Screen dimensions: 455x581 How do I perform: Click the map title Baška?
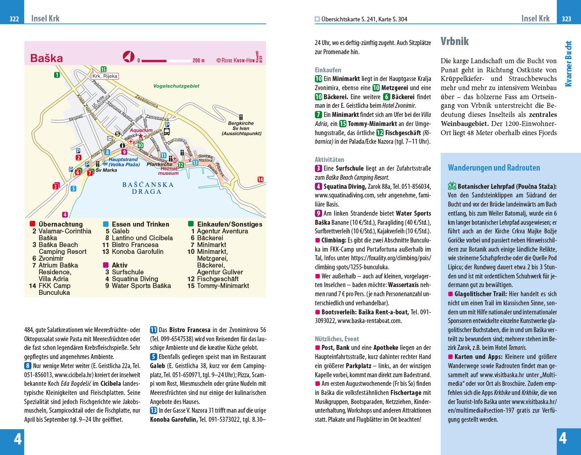46,58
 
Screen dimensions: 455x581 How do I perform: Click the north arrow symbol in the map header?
129,57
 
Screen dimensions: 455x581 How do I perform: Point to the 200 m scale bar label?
199,61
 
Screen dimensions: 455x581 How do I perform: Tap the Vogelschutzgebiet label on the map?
176,86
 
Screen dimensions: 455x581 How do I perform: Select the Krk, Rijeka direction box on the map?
105,76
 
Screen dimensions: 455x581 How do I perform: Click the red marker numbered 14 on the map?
260,180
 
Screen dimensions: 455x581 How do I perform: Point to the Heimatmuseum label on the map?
168,171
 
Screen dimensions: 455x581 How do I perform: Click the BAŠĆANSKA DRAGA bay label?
148,188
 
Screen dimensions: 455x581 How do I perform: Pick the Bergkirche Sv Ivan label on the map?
240,128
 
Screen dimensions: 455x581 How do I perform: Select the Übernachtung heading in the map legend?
61,224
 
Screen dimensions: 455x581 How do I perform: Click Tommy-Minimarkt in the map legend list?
223,286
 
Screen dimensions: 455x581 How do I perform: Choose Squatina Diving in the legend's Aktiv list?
135,279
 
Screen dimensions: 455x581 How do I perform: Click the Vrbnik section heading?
454,41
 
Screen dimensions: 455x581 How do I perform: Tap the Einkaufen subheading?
328,70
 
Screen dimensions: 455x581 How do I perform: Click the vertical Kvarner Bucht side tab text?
568,64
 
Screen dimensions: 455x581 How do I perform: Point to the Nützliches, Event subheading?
337,339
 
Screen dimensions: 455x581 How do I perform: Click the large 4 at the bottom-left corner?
17,439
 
